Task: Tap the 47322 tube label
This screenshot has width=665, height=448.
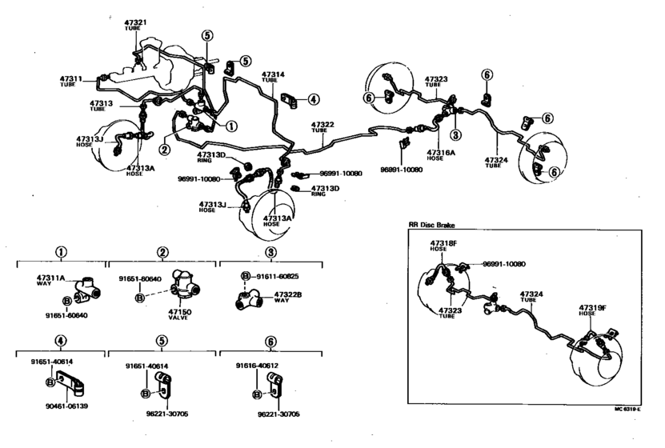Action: point(322,126)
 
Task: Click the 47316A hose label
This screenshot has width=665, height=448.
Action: point(440,151)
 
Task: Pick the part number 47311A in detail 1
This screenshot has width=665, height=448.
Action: point(50,277)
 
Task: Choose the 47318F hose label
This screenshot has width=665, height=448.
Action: point(443,242)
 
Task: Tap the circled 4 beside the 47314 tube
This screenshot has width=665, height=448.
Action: point(313,100)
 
